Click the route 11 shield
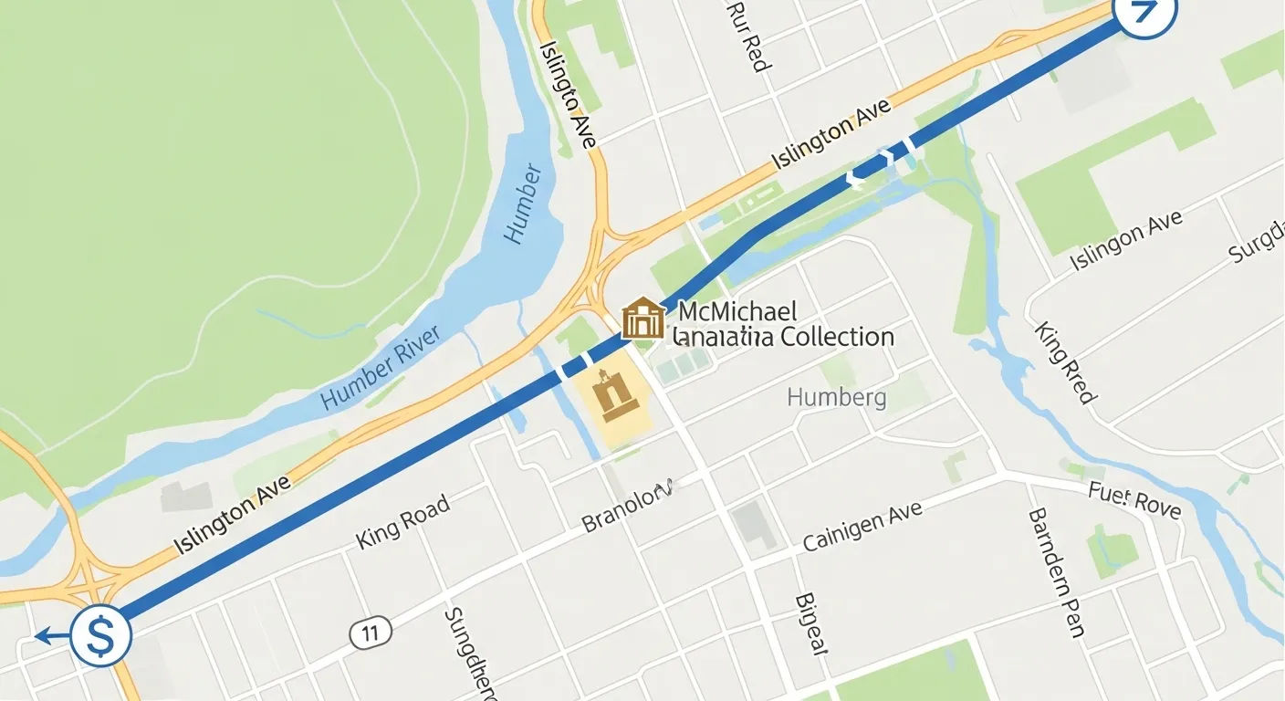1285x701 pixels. point(370,632)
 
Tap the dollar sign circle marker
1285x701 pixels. point(99,635)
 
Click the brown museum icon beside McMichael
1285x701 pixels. point(642,318)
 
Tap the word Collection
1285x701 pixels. point(830,337)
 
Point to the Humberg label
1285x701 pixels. point(836,397)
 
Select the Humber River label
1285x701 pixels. point(381,367)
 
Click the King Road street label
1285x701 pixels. point(402,521)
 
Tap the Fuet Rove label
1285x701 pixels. point(1134,500)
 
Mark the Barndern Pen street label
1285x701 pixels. point(1055,572)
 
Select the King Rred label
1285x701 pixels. point(1064,361)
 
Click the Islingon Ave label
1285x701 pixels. point(1126,239)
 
